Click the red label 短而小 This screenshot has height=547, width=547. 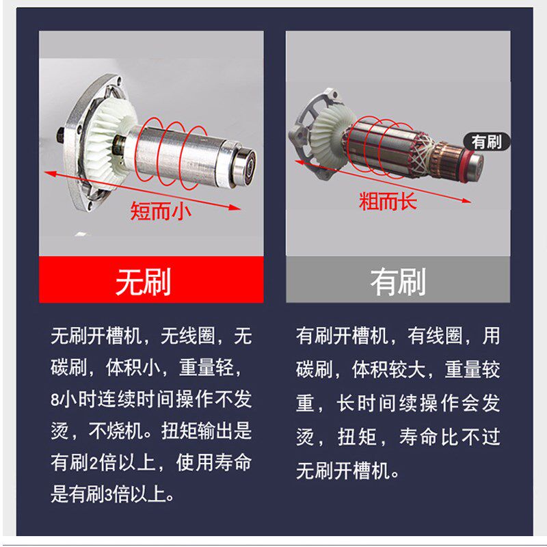(x=161, y=211)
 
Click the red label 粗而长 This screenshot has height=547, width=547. (x=387, y=201)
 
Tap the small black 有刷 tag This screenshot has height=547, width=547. (x=486, y=142)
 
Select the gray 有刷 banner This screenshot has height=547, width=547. (x=398, y=281)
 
